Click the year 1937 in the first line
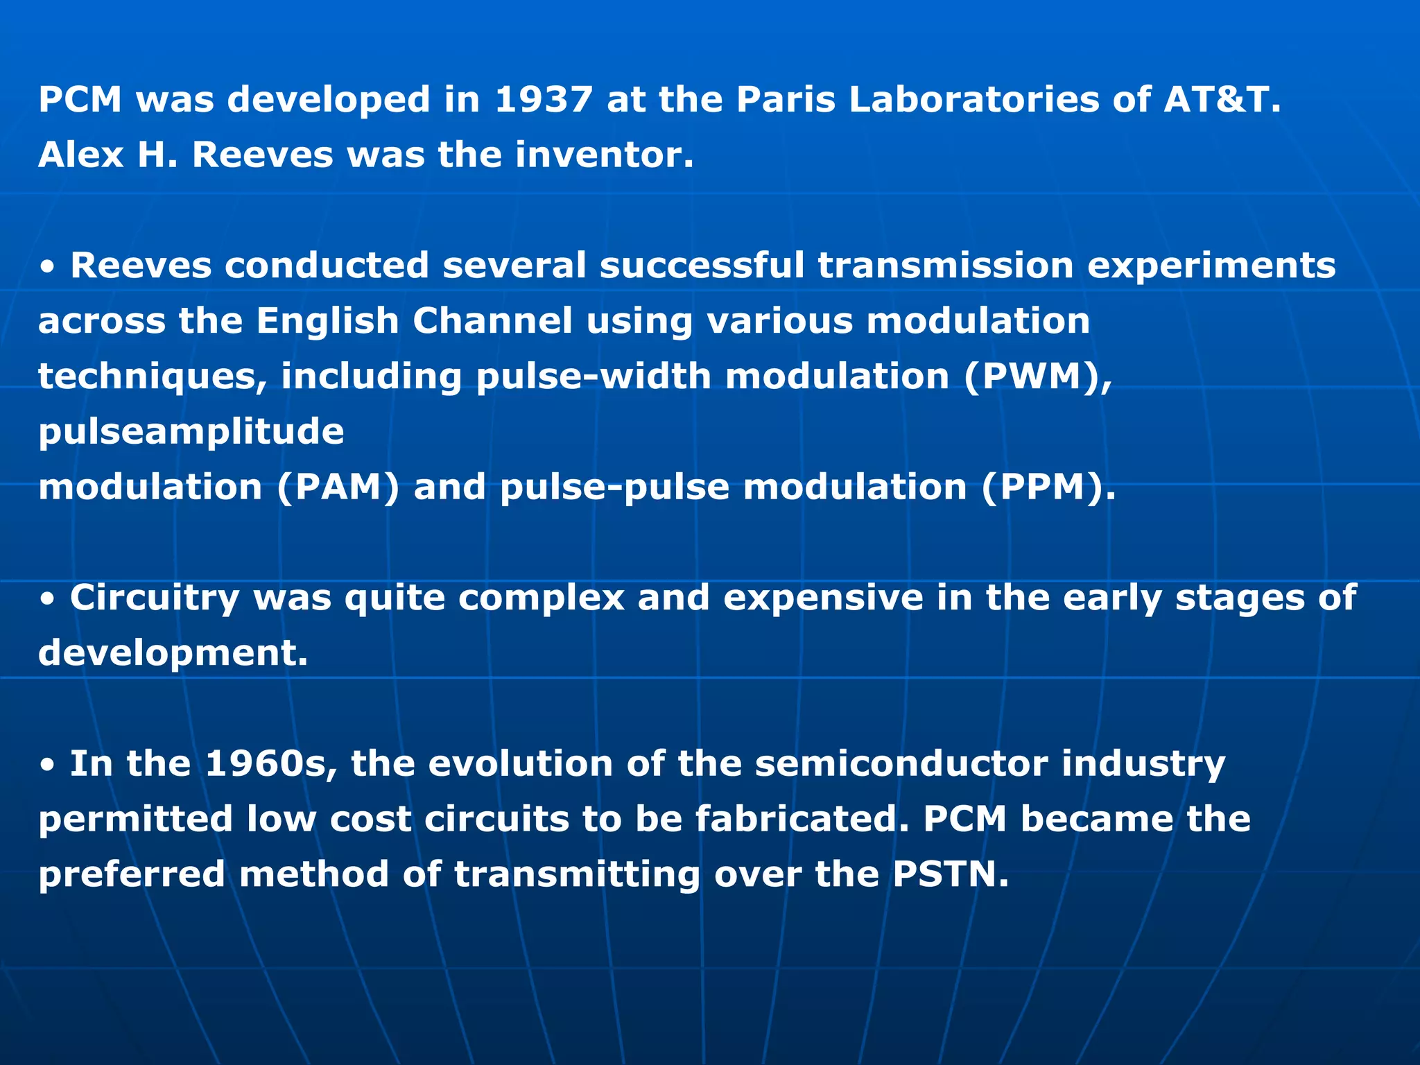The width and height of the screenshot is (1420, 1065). click(544, 99)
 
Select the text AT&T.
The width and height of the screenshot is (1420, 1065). click(1222, 99)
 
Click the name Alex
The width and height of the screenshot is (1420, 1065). click(80, 154)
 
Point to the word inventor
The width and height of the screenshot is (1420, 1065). click(604, 154)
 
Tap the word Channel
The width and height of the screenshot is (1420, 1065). click(493, 321)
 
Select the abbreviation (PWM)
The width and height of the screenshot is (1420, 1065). click(1037, 376)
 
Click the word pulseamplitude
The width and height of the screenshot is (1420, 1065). click(191, 432)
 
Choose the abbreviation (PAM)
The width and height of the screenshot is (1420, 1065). click(338, 487)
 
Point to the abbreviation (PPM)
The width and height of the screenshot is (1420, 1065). click(1048, 487)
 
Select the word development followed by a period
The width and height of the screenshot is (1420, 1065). click(173, 653)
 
